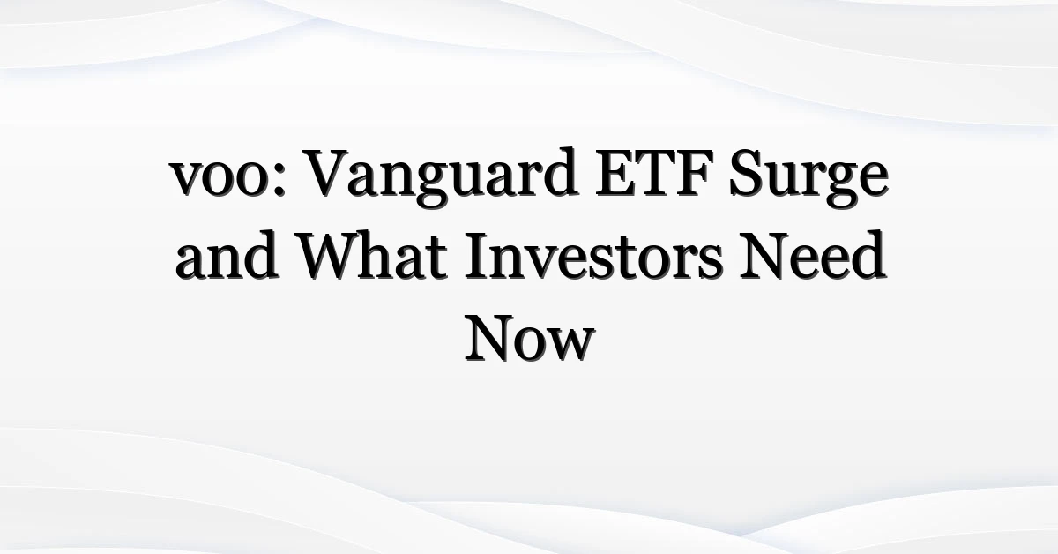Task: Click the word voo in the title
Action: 219,178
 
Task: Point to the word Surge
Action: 808,178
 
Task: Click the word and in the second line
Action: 226,254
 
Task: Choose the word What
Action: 373,255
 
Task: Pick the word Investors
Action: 593,255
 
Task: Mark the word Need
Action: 812,255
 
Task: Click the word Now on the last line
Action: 530,338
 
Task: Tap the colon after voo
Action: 279,180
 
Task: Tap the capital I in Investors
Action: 477,256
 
